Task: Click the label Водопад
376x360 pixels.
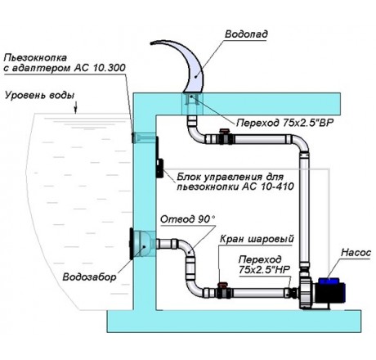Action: [246, 34]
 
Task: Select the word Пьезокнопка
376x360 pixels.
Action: [35, 58]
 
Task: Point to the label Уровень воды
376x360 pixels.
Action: [39, 96]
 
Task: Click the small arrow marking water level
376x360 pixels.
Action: [76, 107]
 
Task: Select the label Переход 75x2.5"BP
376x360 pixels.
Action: [285, 123]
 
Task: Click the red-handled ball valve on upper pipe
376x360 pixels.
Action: [226, 137]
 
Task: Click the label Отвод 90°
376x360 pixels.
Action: [187, 219]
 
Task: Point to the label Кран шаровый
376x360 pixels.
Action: [257, 239]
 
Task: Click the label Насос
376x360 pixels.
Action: [356, 253]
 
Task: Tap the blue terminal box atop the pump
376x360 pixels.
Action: [329, 281]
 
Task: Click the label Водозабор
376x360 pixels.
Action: [89, 277]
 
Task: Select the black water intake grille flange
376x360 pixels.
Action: [132, 244]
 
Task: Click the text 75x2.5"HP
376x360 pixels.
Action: [264, 270]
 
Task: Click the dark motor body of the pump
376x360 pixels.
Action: [330, 292]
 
